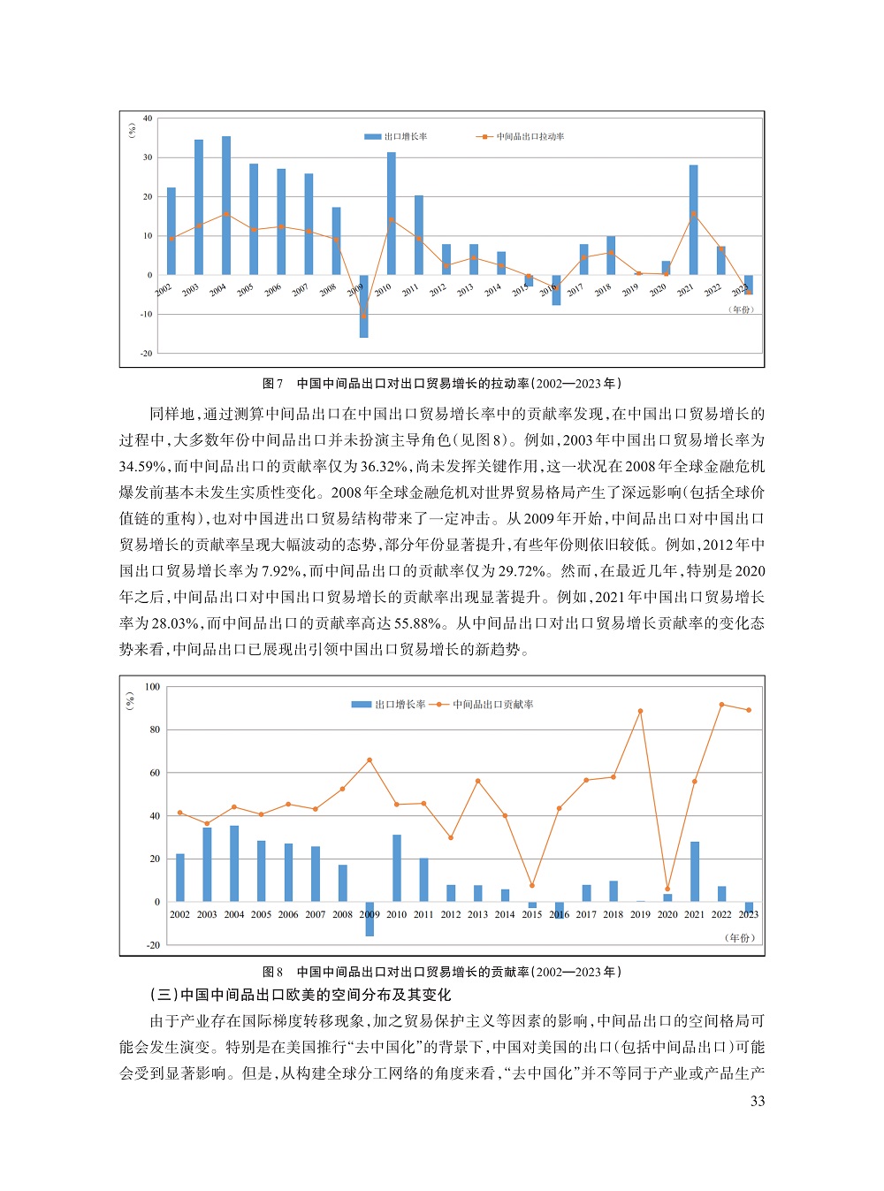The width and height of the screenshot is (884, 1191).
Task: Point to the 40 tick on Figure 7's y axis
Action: point(148,118)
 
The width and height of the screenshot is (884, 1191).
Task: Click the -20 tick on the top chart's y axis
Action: point(147,354)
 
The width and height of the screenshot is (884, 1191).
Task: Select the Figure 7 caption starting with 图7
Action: point(442,384)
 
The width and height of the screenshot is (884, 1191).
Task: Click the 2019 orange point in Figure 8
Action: point(640,711)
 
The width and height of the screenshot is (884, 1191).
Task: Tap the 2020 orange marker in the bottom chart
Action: point(667,889)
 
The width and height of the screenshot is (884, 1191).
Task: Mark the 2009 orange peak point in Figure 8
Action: point(370,760)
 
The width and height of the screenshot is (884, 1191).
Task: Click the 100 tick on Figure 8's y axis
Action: point(152,687)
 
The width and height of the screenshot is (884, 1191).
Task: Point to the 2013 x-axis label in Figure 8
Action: point(477,914)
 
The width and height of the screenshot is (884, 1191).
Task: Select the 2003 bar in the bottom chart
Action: point(207,864)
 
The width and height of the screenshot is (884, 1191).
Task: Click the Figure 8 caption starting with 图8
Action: point(442,972)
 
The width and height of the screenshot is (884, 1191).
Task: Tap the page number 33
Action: point(758,1101)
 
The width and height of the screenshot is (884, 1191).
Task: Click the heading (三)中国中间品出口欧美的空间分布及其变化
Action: point(301,995)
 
